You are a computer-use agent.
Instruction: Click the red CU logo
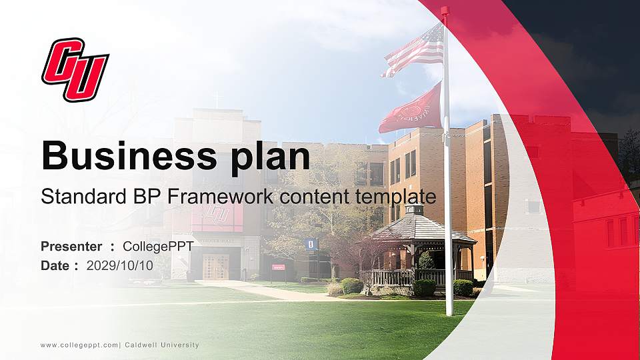75,69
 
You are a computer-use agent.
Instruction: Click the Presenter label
71,247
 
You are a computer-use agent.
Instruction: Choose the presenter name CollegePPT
158,247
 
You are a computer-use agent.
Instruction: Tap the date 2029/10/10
120,265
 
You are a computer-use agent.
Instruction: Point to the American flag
415,50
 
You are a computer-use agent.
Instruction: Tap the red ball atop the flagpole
445,11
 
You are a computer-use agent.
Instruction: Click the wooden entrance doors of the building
215,267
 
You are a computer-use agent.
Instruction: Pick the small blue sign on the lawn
310,244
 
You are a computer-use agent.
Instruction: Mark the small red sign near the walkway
278,267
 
